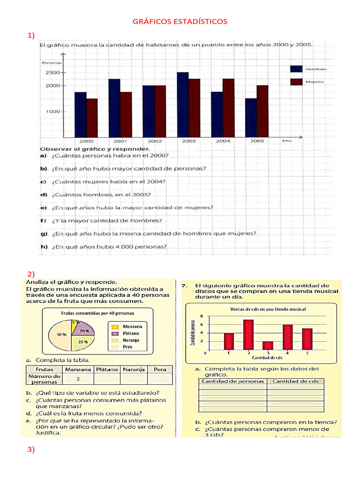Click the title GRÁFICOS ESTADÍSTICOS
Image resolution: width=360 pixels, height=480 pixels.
tap(180, 22)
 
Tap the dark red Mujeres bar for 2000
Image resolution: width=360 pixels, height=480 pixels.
tap(92, 118)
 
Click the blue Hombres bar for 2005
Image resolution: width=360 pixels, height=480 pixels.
tap(251, 118)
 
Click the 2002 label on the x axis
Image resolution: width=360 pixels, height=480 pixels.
tap(155, 141)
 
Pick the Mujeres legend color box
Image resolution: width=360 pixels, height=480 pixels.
tap(296, 82)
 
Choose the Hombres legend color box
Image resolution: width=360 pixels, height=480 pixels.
tap(296, 69)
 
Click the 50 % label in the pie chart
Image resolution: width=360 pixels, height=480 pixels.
tap(61, 334)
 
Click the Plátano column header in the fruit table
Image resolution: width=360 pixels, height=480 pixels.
tap(107, 369)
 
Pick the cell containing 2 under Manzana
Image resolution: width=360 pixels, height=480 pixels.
tap(78, 379)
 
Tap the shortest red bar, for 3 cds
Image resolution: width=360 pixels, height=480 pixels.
tap(268, 345)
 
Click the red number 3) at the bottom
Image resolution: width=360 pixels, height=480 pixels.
tap(31, 450)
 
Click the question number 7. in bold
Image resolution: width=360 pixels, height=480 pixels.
tap(185, 285)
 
